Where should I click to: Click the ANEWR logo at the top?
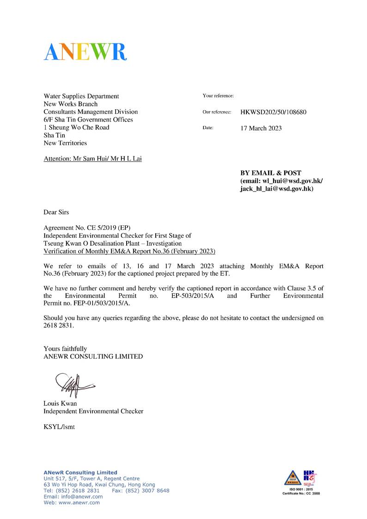86,51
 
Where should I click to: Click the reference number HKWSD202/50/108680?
273,112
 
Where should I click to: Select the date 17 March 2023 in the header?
261,128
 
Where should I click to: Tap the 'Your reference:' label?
218,96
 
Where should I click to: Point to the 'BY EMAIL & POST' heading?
270,173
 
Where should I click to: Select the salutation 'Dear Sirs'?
56,212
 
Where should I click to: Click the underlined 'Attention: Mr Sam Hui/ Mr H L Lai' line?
92,159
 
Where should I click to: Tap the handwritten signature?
73,384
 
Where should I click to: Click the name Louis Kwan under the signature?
60,403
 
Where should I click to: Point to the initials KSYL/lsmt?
59,427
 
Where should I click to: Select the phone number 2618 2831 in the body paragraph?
59,325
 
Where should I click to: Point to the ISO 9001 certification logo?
301,482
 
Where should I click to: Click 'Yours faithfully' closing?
65,349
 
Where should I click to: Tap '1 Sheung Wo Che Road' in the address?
76,128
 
